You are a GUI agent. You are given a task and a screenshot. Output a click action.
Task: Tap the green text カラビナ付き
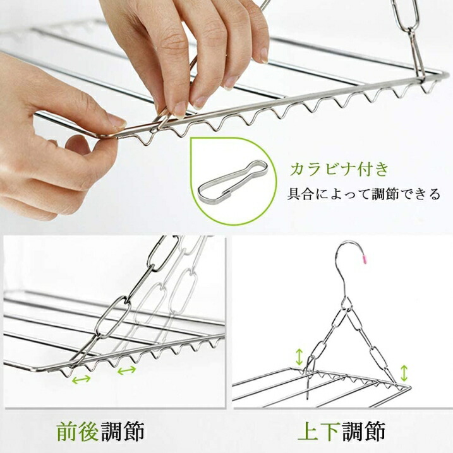tap(339, 169)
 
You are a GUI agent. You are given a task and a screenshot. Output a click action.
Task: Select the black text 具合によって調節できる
tap(363, 194)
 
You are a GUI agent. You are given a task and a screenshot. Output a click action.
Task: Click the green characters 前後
tap(78, 432)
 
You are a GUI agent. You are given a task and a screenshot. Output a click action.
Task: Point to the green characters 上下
tap(318, 432)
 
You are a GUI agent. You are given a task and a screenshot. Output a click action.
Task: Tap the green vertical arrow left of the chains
tap(299, 357)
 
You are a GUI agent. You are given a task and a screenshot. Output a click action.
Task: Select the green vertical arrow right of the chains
tap(404, 373)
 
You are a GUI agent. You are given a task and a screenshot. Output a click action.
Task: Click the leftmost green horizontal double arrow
tap(82, 379)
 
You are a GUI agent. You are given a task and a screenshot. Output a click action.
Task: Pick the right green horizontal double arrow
tap(127, 370)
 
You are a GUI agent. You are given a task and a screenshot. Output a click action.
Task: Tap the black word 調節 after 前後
tap(123, 432)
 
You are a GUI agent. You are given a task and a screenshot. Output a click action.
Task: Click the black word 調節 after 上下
tap(363, 432)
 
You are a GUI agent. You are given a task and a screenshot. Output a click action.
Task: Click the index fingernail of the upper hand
tap(180, 110)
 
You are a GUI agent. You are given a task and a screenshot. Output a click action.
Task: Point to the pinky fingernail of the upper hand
tap(264, 56)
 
